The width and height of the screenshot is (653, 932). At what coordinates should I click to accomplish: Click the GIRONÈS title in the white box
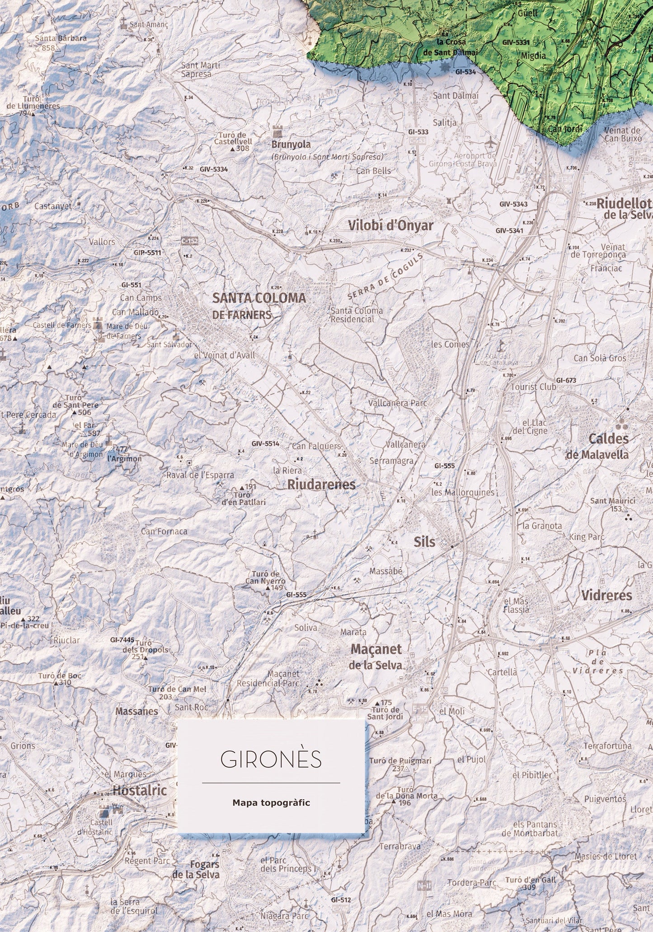(x=271, y=760)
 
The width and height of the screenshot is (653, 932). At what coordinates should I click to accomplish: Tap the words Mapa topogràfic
(x=271, y=802)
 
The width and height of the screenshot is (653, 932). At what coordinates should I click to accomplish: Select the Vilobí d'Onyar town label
(x=390, y=225)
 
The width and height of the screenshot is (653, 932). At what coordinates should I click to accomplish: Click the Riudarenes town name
(x=321, y=485)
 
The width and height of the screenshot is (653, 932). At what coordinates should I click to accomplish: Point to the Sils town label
(x=424, y=542)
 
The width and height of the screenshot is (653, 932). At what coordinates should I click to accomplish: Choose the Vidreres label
(x=606, y=595)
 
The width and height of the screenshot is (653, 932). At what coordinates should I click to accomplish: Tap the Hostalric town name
(x=140, y=790)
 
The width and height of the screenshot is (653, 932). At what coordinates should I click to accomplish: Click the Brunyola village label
(x=291, y=144)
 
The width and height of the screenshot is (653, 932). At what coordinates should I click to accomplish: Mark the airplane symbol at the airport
(x=490, y=143)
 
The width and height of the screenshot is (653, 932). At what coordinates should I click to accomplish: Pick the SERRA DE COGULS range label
(x=386, y=276)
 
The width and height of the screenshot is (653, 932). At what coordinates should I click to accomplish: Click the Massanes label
(x=136, y=711)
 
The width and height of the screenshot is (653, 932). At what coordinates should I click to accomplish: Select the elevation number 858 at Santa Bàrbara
(x=47, y=48)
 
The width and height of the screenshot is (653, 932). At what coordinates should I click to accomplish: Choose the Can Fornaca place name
(x=164, y=531)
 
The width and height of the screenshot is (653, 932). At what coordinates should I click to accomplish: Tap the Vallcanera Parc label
(x=398, y=403)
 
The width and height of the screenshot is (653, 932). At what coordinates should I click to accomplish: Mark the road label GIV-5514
(x=265, y=444)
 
